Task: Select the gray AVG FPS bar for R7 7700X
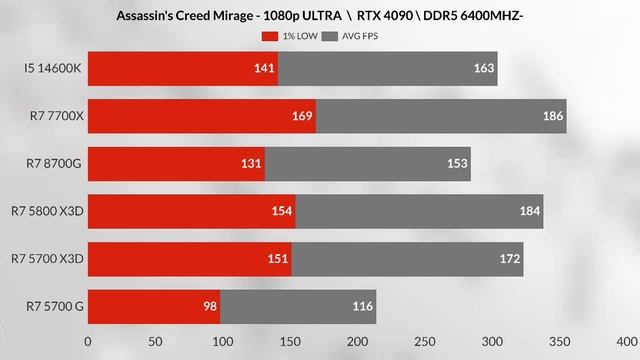[440, 116]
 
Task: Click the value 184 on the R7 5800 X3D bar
[529, 211]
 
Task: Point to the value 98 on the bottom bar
[210, 305]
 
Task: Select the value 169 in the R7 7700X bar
[301, 116]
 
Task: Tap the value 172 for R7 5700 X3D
[510, 259]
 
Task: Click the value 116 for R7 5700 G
[362, 305]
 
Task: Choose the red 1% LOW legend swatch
[269, 36]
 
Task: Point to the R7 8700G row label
[55, 164]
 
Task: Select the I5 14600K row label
[54, 69]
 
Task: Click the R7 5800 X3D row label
[48, 211]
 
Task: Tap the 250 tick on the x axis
[425, 341]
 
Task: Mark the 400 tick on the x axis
[627, 341]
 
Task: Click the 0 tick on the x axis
[88, 341]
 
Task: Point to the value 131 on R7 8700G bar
[250, 164]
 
